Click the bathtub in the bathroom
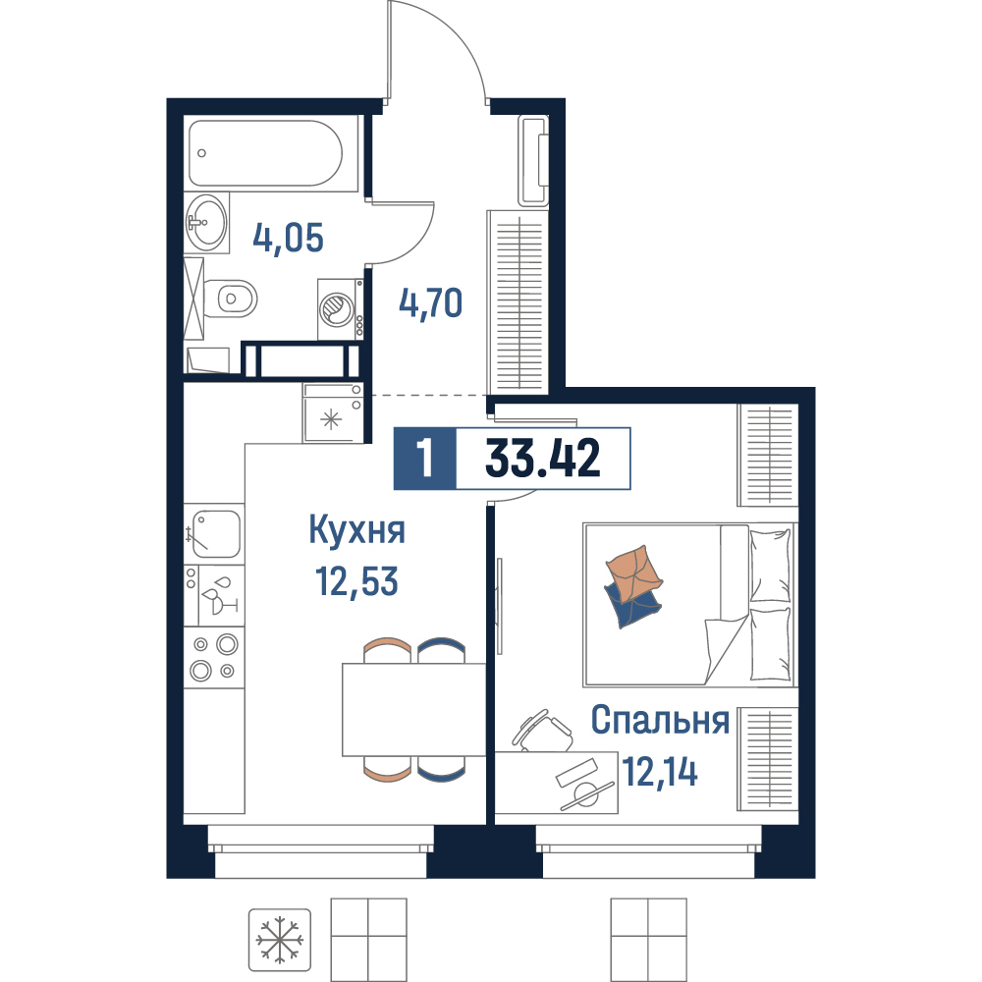[x=265, y=153]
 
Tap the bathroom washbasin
[x=207, y=222]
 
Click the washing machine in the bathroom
[x=340, y=309]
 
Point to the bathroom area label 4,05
[x=288, y=238]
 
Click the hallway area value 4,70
[x=431, y=303]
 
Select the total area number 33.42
[x=542, y=458]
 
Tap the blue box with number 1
[x=425, y=459]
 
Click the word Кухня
[x=357, y=530]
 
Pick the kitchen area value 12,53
[x=357, y=581]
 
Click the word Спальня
[x=660, y=720]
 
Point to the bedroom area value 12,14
[x=660, y=772]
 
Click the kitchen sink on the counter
[x=213, y=533]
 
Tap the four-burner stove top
[x=213, y=658]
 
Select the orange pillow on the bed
[x=633, y=573]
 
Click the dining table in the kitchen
[x=414, y=709]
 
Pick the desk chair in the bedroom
[x=542, y=731]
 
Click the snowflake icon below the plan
[x=279, y=940]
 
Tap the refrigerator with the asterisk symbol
[x=333, y=412]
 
